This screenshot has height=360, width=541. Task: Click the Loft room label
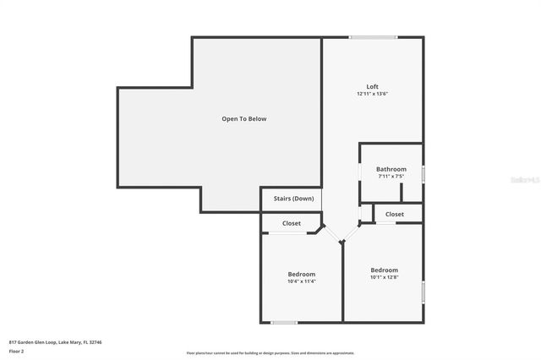point(372,86)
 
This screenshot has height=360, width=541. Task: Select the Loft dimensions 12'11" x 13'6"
point(372,94)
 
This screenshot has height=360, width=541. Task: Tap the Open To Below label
point(243,119)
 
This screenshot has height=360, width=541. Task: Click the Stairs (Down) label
point(293,199)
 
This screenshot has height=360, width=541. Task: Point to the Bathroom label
point(391,169)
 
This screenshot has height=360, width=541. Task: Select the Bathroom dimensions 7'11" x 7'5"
point(391,176)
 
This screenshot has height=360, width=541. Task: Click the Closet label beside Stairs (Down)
point(292,223)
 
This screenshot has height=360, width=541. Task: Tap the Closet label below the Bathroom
point(395,215)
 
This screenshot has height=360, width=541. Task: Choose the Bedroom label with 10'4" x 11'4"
point(302,274)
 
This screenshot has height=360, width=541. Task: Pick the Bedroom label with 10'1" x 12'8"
point(384,270)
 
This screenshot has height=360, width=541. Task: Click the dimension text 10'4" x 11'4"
point(302,281)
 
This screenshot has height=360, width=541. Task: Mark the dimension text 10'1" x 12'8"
point(384,277)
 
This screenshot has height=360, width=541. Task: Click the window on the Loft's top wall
point(373,37)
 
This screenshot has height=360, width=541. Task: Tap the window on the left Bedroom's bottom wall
point(284,322)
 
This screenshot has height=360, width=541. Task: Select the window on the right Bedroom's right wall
point(423,293)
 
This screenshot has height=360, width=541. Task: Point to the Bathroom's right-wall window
point(423,174)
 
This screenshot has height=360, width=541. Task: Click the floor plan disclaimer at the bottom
point(270,353)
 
